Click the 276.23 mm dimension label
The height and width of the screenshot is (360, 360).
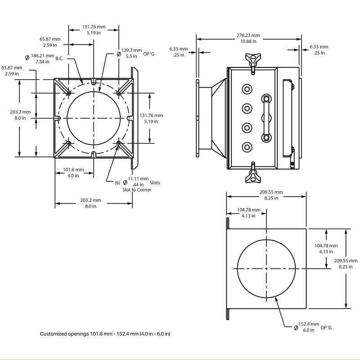click(248, 38)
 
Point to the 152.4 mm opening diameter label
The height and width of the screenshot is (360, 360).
click(309, 327)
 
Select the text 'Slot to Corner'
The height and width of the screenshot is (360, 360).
click(137, 190)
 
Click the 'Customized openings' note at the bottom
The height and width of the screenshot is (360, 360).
click(105, 334)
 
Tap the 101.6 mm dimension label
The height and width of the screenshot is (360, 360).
click(73, 172)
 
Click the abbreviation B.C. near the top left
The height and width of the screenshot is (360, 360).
click(60, 58)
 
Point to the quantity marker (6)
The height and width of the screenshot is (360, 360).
click(117, 182)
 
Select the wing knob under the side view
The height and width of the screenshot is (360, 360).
click(253, 177)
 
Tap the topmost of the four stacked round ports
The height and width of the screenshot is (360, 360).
click(247, 89)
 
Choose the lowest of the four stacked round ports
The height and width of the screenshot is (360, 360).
click(247, 147)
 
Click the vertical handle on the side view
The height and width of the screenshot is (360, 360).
click(266, 117)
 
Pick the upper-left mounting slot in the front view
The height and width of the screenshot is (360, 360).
click(69, 93)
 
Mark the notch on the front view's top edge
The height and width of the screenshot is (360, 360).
click(94, 83)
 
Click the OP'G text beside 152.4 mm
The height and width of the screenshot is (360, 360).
click(326, 327)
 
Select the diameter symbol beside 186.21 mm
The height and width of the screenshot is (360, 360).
click(27, 58)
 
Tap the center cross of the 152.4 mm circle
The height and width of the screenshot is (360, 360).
click(266, 269)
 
